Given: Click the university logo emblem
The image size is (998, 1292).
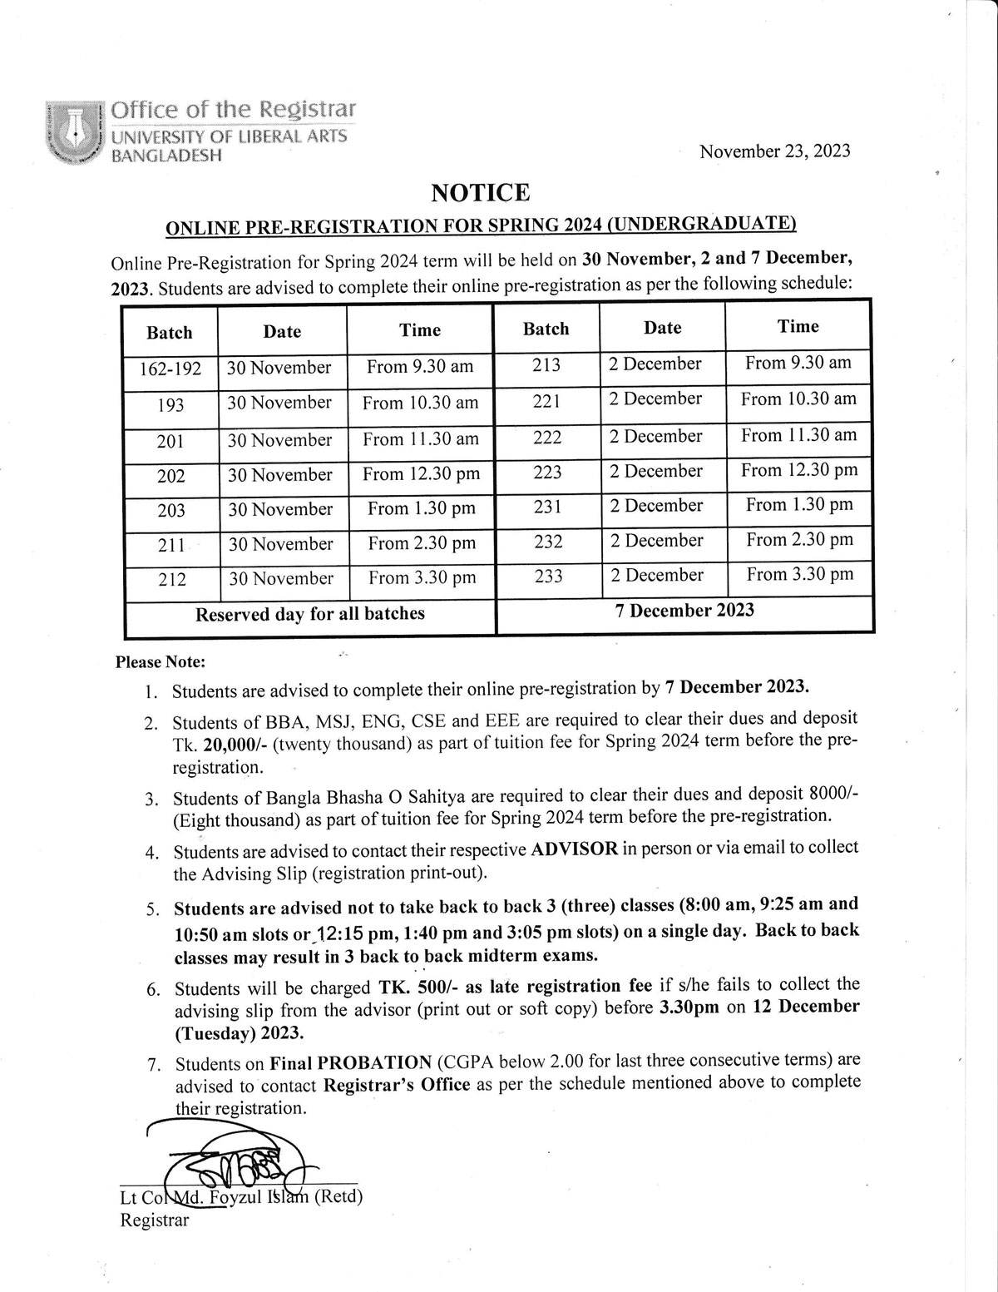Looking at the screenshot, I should tap(74, 131).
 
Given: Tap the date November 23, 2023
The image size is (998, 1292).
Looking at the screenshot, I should tap(774, 151).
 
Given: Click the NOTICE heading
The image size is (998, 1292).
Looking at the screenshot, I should tap(481, 193).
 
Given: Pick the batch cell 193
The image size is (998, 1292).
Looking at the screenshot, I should tap(170, 405).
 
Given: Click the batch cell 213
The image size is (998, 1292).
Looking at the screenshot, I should tap(546, 364).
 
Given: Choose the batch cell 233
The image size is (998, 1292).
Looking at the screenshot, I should tap(548, 576).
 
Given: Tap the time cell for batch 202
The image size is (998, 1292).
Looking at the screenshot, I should tap(421, 474).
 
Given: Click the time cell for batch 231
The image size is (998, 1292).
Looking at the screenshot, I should tap(799, 505).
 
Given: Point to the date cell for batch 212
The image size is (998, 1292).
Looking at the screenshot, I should tap(281, 578).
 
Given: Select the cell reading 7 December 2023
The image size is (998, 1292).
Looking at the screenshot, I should tap(684, 610).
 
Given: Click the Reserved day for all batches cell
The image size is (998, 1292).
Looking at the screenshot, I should tap(309, 614).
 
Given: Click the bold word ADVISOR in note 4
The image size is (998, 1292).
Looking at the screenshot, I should tap(575, 849).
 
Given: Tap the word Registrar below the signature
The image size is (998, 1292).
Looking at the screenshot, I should tap(155, 1220).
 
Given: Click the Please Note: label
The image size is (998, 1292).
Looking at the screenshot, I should tap(160, 663).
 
